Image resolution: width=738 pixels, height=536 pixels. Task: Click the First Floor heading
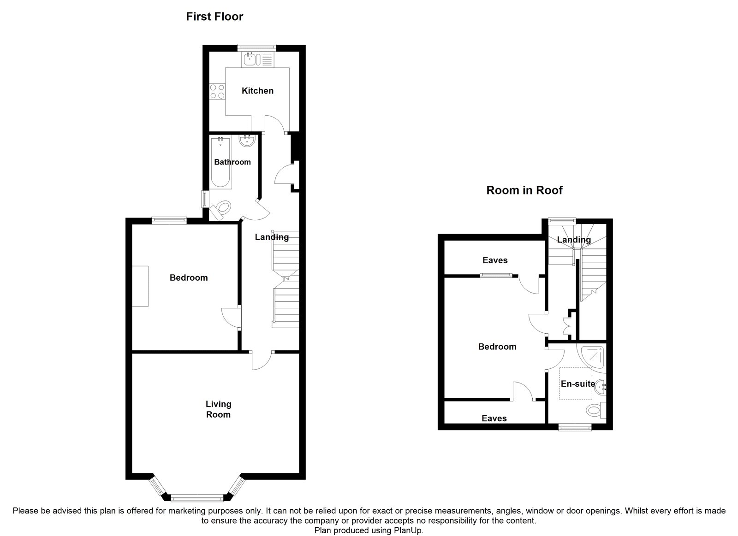click(x=214, y=17)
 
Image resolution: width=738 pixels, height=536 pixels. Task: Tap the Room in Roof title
click(x=524, y=190)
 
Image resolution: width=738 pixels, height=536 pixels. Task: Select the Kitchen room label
click(x=258, y=90)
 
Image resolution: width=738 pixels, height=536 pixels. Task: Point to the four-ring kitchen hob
click(x=217, y=92)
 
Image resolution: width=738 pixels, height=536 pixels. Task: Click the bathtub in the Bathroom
click(x=220, y=163)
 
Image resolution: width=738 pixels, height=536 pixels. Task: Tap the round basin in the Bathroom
click(x=247, y=141)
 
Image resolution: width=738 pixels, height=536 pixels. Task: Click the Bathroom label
click(x=232, y=162)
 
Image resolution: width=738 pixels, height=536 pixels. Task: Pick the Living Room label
click(x=219, y=409)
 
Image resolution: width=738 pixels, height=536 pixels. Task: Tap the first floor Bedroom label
click(x=189, y=277)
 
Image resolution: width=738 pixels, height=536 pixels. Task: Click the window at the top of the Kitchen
click(x=257, y=48)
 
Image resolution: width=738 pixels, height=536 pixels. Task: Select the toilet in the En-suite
click(x=596, y=410)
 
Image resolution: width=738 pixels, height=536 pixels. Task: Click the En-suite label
click(x=578, y=383)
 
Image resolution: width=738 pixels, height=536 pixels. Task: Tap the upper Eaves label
click(x=495, y=260)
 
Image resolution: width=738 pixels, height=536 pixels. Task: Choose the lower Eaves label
click(x=494, y=418)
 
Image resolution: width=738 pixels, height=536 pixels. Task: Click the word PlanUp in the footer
click(x=408, y=530)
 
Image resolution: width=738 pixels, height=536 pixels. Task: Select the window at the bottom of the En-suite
click(x=575, y=427)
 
